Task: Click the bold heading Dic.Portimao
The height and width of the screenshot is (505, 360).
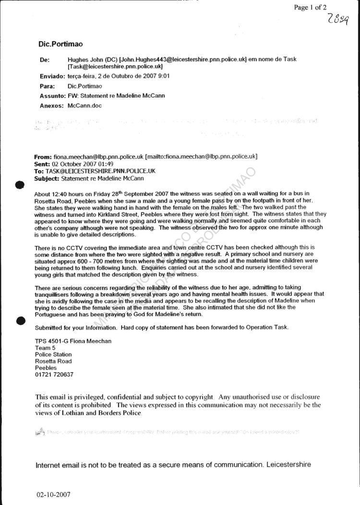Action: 60,44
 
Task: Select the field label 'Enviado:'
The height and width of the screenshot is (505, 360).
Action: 52,76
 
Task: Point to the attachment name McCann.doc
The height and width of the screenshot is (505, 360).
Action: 85,105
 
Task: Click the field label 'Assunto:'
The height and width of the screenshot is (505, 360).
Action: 52,95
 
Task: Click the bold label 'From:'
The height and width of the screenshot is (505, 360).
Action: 43,157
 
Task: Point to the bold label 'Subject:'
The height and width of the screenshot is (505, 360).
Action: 48,178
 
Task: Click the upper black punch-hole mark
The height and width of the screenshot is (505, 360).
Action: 20,185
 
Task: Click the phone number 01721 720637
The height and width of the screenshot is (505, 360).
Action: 54,375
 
